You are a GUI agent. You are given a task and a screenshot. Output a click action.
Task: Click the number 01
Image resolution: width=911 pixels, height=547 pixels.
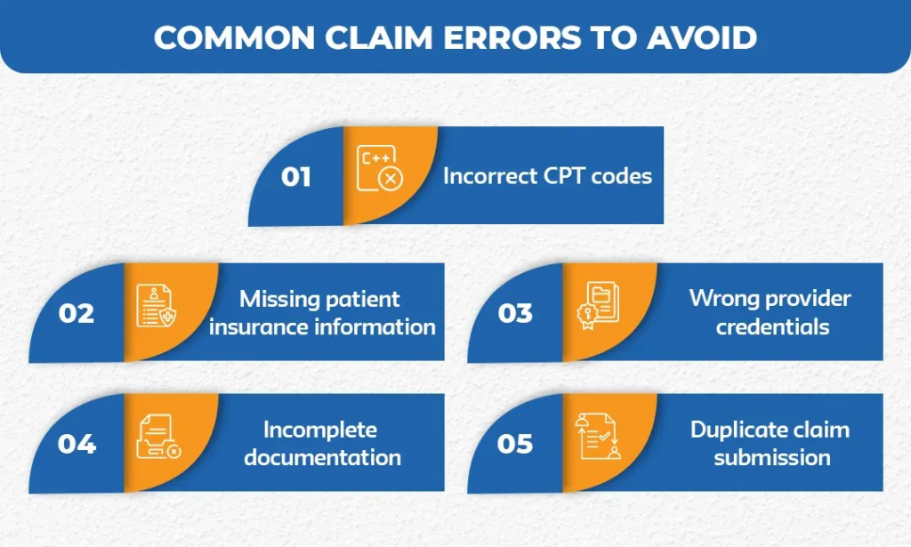point(296,176)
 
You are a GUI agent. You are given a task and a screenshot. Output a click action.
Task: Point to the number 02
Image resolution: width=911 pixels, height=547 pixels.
point(77,313)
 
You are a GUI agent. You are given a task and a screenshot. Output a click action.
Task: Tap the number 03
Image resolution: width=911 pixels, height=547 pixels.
point(515,313)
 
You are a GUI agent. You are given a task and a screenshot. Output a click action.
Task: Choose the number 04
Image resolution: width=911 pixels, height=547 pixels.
point(77,443)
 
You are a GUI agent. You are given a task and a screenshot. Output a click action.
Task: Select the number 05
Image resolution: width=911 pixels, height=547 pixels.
point(515,443)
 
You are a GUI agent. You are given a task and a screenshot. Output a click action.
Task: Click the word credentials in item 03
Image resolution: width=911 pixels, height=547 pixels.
point(772,326)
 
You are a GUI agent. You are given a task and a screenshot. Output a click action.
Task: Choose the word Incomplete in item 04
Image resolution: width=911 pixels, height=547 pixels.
point(320,430)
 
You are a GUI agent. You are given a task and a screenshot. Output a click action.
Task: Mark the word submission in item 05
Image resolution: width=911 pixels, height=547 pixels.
point(772,457)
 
